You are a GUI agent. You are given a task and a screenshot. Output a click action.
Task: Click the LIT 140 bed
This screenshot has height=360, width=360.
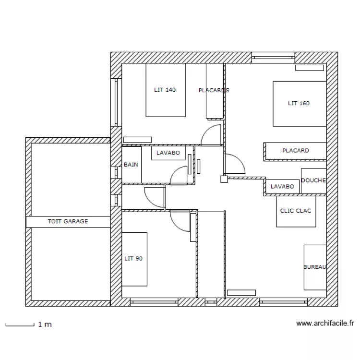(x=166, y=90)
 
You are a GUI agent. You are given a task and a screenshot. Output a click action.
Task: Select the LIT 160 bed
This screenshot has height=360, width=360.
(x=300, y=104)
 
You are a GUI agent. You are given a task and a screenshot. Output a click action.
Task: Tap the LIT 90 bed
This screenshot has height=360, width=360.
(x=134, y=259)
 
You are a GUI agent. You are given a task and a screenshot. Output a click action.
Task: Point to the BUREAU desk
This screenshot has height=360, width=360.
(x=315, y=267)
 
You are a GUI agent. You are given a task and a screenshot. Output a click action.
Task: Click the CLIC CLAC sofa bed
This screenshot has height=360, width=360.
(x=296, y=211)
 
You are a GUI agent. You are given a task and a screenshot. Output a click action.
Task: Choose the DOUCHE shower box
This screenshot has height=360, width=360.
(x=313, y=181)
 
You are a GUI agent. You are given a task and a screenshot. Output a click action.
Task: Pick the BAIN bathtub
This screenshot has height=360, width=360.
(x=132, y=165)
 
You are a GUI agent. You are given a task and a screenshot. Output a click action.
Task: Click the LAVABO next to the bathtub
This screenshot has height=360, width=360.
(x=168, y=153)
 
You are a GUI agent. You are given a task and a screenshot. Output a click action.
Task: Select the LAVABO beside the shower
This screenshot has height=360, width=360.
(x=283, y=186)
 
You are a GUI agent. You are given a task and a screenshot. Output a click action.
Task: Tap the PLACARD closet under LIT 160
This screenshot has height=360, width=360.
(x=296, y=151)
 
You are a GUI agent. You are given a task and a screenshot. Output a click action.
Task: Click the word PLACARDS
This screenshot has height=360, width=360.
(x=214, y=90)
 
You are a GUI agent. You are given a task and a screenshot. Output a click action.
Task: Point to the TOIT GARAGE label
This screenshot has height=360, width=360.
(x=68, y=222)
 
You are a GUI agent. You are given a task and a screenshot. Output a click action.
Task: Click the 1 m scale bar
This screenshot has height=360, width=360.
(x=20, y=325)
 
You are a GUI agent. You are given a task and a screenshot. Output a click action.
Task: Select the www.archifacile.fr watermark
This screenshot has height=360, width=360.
(x=325, y=323)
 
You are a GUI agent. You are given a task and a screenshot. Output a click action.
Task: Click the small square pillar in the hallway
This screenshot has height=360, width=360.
(x=224, y=179)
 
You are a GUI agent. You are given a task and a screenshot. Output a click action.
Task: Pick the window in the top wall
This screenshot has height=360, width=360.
(x=273, y=58)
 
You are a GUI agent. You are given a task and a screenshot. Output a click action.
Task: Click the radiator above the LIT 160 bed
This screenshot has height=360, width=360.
(x=310, y=68)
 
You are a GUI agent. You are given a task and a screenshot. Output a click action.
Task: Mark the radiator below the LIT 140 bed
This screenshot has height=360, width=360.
(x=138, y=140)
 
